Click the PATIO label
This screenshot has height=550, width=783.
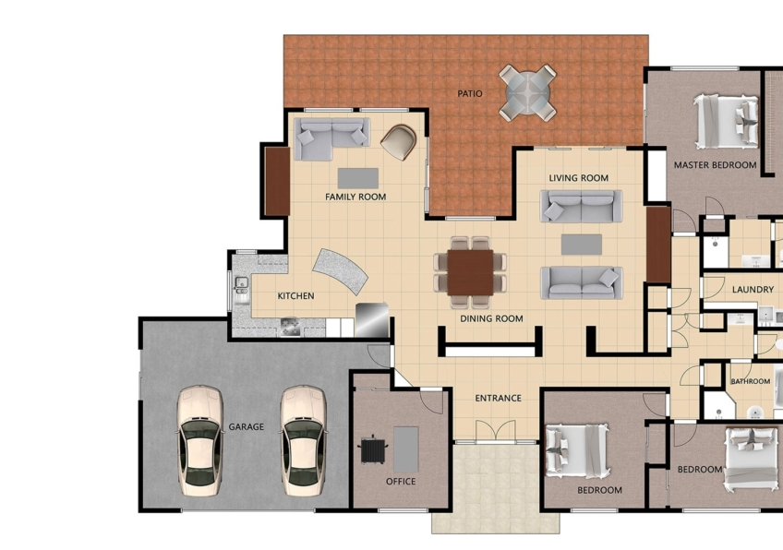[x=470, y=93]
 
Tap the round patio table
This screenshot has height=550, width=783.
[x=528, y=92]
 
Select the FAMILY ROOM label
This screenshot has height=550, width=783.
[x=355, y=197]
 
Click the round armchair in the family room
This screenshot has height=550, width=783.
[x=399, y=142]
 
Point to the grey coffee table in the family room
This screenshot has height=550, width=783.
[x=358, y=178]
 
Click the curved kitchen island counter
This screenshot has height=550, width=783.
[x=340, y=271]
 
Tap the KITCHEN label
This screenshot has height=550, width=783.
[x=295, y=296]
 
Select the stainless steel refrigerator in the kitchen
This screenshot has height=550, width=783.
[x=372, y=320]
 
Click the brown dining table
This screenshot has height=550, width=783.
[x=470, y=272]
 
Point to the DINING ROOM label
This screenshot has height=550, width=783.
[x=491, y=318]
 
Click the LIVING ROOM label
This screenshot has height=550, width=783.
[x=579, y=178]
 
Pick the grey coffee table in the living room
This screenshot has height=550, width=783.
[x=582, y=245]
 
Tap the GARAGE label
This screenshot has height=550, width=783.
[x=247, y=426]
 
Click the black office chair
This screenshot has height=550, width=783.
[x=372, y=449]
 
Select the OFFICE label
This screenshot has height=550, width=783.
[x=401, y=482]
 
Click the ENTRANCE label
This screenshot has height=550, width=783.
[x=499, y=398]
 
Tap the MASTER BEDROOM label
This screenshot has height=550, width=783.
[x=715, y=164]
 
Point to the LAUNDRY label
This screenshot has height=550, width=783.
[x=753, y=290]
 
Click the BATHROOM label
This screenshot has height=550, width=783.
[x=751, y=381]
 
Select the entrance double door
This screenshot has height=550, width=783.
[x=495, y=431]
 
